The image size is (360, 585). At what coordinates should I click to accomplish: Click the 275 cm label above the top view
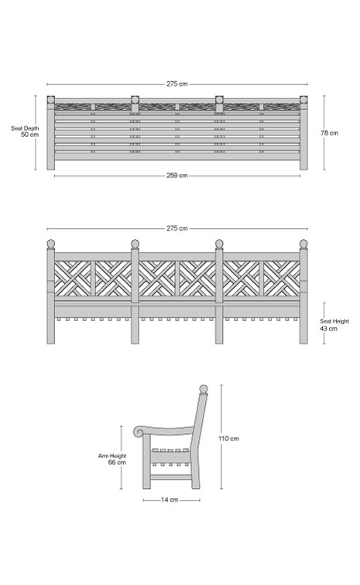(x=177, y=84)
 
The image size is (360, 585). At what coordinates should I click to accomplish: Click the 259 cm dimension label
(x=177, y=176)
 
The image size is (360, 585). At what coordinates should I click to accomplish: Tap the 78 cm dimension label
(x=329, y=133)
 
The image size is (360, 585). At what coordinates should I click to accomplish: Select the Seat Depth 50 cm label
(x=25, y=132)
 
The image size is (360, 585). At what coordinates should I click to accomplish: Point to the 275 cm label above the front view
(x=177, y=228)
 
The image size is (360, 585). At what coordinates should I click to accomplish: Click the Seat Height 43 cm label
(x=334, y=325)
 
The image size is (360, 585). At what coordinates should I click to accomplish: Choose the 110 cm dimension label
(x=228, y=439)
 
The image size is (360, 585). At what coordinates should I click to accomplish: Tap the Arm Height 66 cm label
(x=112, y=459)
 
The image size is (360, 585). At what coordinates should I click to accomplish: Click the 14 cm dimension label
(x=170, y=500)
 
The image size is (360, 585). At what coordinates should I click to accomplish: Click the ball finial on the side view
(x=204, y=388)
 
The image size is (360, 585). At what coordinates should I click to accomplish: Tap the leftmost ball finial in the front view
(x=51, y=243)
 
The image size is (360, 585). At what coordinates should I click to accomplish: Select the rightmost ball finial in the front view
(x=303, y=243)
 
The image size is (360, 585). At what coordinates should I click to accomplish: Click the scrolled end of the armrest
(x=139, y=432)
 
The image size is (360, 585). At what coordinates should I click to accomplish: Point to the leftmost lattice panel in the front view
(x=73, y=278)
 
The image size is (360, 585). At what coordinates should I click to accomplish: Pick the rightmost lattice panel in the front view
(x=282, y=278)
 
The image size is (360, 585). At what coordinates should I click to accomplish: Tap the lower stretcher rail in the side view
(x=171, y=477)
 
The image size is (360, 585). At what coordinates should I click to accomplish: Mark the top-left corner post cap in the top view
(x=51, y=100)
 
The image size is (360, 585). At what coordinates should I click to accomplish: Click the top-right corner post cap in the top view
(x=303, y=100)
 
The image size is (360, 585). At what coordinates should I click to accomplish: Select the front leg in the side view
(x=146, y=463)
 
